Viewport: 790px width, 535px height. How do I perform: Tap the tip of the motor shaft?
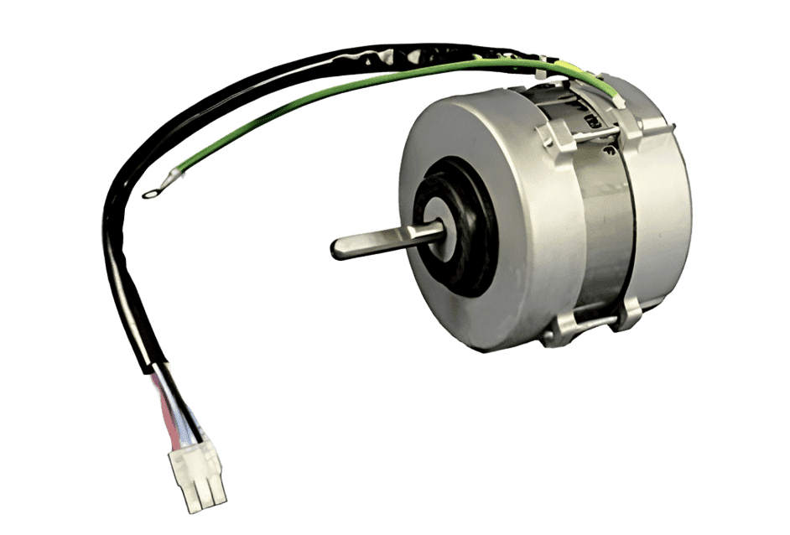click(x=335, y=247)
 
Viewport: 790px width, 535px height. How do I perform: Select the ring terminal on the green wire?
click(x=150, y=193)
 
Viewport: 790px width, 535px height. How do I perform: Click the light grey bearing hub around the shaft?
click(x=454, y=231)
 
